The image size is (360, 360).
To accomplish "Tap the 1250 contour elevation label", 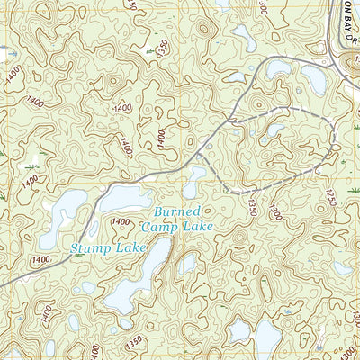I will point(330,196).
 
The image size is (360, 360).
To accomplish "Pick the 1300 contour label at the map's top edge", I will point(262,8).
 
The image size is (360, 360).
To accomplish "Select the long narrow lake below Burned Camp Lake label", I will point(135,283).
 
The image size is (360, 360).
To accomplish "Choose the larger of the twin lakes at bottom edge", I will point(266,339).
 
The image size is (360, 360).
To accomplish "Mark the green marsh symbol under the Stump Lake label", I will point(80,256).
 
